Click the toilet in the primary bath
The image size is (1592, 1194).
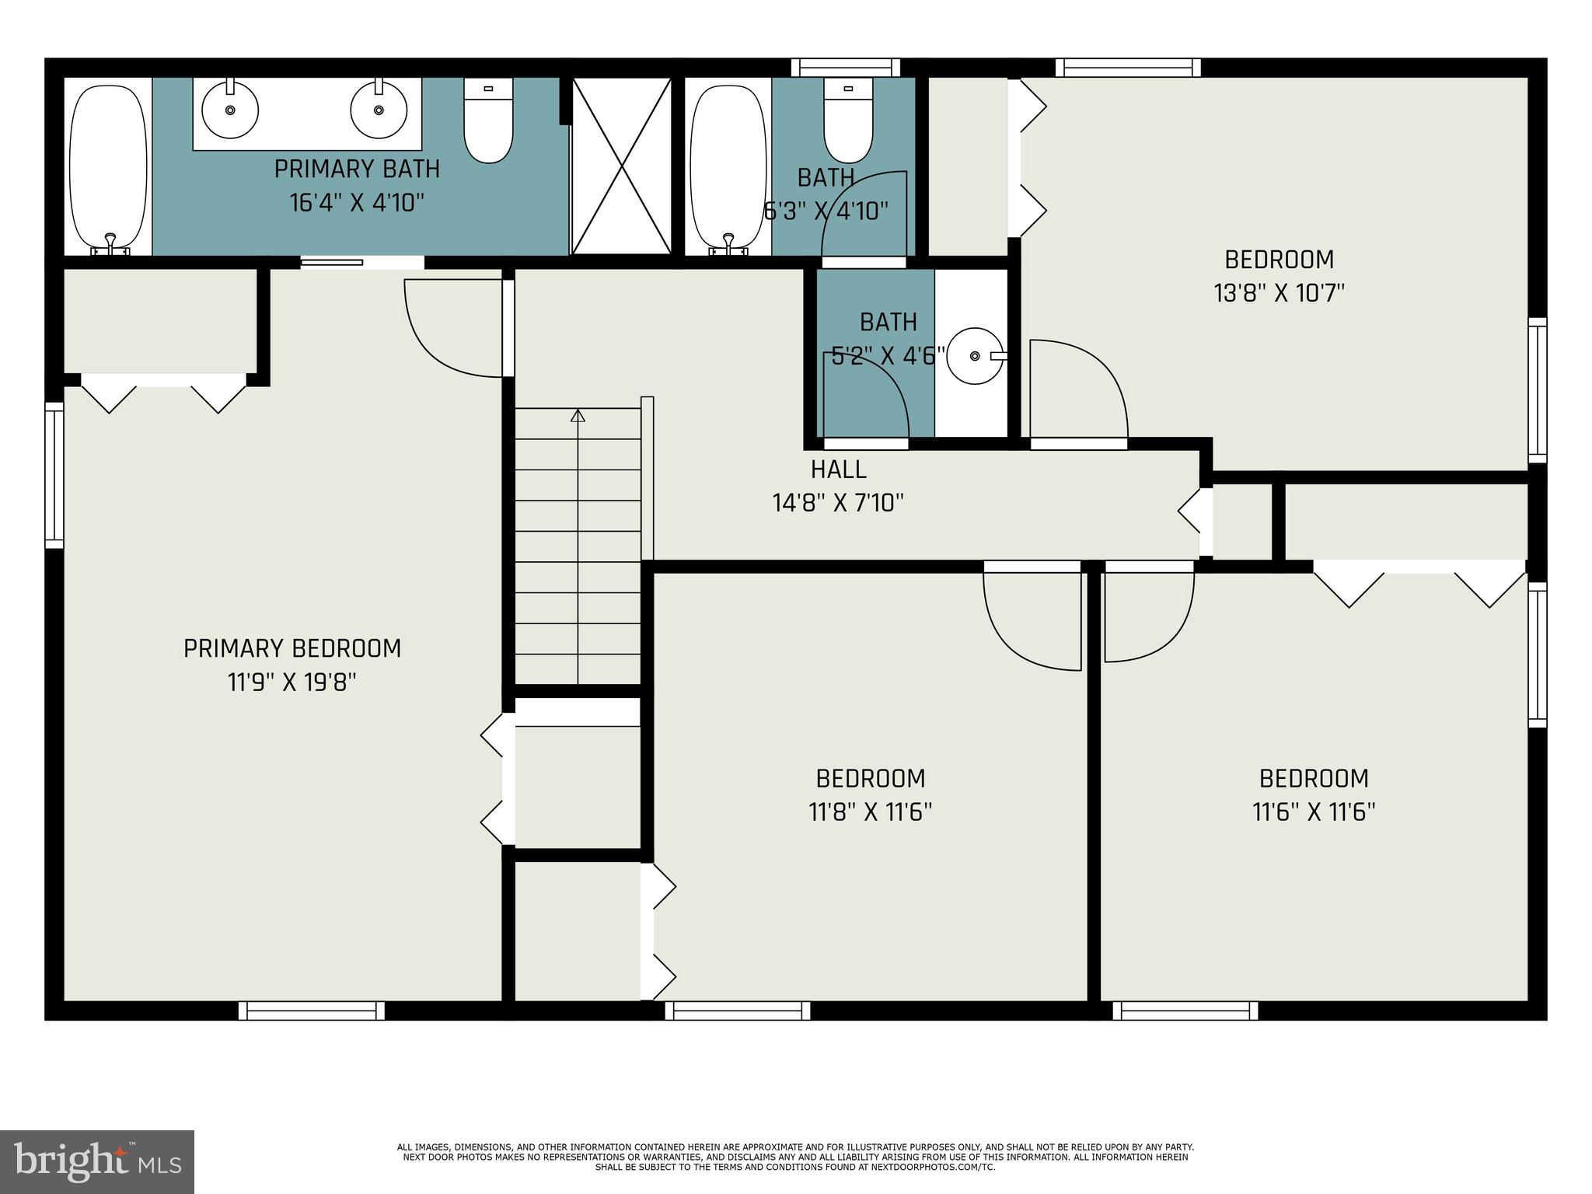pos(488,124)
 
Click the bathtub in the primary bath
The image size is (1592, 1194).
pos(108,167)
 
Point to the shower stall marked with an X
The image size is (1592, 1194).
pos(622,166)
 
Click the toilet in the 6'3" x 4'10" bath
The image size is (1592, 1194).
pos(847,124)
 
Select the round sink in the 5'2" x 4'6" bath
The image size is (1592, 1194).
pos(976,356)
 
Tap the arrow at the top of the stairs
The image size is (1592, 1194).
pos(578,416)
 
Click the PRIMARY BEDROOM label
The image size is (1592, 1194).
pos(292,648)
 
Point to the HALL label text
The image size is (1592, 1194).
pos(838,470)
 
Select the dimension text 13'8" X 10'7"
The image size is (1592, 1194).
pos(1279,293)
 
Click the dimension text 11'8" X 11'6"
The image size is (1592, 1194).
pos(870,812)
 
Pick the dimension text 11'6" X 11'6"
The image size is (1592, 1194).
pos(1314,812)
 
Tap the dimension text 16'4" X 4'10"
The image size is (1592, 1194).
pos(357,203)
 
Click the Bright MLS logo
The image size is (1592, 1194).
pos(97,1161)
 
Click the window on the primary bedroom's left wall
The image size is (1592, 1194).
pos(54,475)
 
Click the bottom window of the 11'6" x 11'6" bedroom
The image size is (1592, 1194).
pos(1185,1011)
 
